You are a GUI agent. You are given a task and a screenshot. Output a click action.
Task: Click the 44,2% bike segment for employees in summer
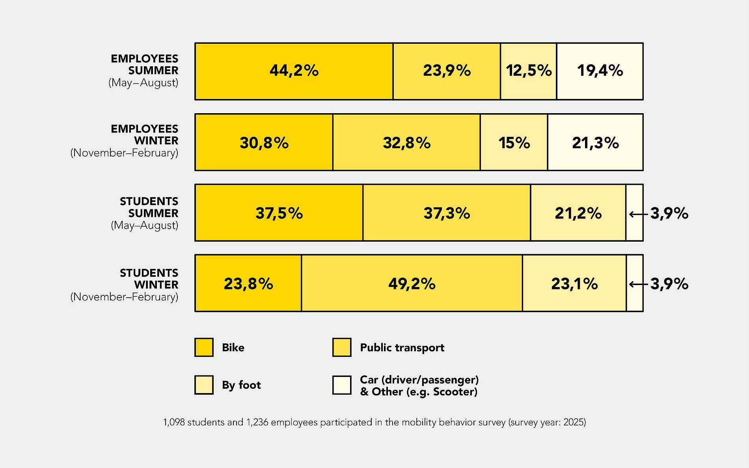point(294,71)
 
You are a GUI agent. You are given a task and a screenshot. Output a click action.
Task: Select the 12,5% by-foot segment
point(528,71)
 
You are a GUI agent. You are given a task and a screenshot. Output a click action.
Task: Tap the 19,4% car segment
point(600,71)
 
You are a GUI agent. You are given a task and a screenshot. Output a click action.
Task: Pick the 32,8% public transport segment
point(406,142)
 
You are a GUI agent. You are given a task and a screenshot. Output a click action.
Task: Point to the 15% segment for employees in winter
point(514,142)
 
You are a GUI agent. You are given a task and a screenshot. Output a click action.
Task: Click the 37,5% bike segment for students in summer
point(279,213)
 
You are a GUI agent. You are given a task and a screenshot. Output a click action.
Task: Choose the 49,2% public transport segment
point(412,283)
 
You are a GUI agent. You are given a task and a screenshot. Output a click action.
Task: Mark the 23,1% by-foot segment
point(574,283)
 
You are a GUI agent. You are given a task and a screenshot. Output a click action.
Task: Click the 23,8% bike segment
point(248,283)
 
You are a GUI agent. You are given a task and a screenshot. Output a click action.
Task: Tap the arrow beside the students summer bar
point(638,214)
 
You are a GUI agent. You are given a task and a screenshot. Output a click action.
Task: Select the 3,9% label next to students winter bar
point(669,284)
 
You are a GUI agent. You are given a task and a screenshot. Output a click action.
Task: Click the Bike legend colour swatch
point(204,347)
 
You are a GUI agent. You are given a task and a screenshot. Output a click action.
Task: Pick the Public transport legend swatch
point(342,347)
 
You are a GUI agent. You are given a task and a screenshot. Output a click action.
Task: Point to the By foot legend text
point(241,385)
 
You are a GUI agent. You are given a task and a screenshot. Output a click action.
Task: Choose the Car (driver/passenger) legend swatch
point(342,385)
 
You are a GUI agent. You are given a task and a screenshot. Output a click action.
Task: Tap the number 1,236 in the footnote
point(257,422)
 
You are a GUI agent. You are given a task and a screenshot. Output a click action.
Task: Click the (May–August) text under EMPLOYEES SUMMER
point(143,83)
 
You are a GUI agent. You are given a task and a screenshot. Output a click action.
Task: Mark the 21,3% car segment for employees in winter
point(595,142)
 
